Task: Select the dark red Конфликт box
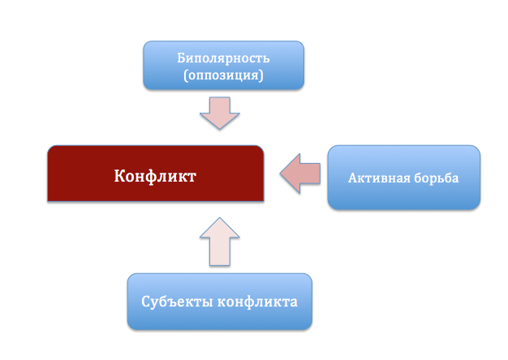[x=156, y=174]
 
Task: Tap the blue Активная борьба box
[x=403, y=178]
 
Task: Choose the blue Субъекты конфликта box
[x=219, y=302]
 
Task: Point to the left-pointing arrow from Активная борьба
[x=300, y=175]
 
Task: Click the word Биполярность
[x=223, y=58]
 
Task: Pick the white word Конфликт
[x=155, y=174]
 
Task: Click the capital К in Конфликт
[x=119, y=174]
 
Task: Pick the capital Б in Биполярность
[x=181, y=58]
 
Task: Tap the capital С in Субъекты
[x=146, y=302]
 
